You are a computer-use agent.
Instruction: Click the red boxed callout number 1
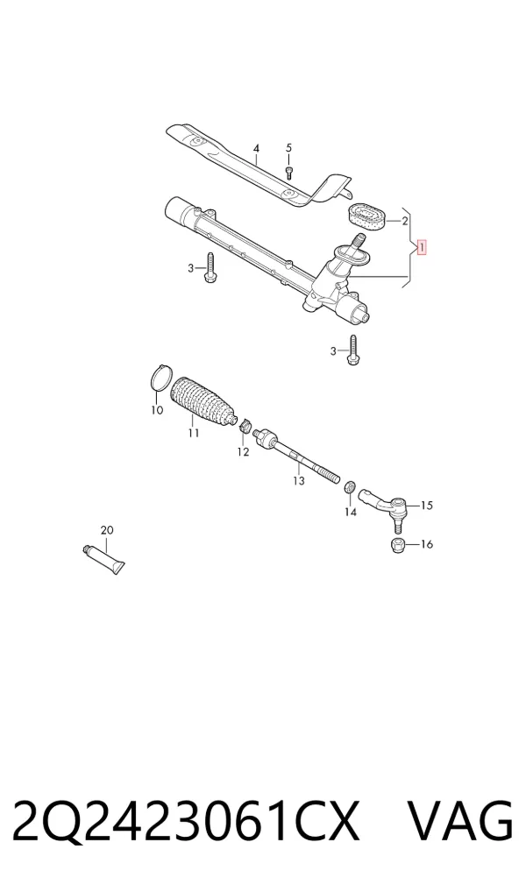point(422,248)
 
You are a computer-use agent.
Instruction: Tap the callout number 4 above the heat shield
point(256,148)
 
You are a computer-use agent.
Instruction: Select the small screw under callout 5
point(288,173)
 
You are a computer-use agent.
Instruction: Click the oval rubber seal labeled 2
point(366,217)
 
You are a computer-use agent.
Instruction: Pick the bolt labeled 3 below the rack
point(352,350)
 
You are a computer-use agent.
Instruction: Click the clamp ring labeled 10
point(161,379)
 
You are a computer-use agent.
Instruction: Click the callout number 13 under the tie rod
point(299,481)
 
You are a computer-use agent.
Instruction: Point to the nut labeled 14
point(351,487)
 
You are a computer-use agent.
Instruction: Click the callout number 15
point(426,506)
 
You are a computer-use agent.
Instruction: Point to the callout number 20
point(107,530)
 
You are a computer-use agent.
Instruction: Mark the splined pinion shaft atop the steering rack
point(359,240)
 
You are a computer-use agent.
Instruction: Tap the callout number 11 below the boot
point(194,434)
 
